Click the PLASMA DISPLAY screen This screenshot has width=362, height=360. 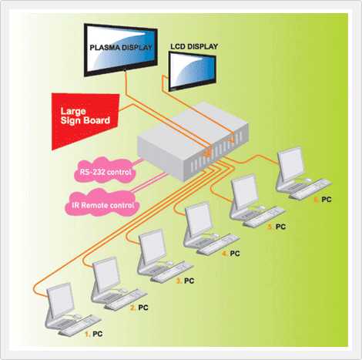[121, 50]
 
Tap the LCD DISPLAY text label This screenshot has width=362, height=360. [194, 46]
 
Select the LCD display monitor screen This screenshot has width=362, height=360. [192, 71]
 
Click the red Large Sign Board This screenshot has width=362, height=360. [85, 121]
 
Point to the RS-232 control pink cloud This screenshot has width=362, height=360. [106, 171]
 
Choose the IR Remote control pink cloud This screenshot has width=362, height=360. [102, 204]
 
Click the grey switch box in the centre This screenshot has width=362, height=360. [193, 141]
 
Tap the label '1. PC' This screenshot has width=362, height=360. [94, 334]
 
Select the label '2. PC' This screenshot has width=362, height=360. [139, 308]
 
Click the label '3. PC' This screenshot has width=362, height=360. [185, 281]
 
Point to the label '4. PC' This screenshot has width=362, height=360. [231, 254]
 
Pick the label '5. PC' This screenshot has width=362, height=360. [277, 227]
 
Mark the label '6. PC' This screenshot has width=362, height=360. [323, 200]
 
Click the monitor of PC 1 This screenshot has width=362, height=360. [61, 300]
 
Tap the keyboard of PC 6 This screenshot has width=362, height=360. [310, 190]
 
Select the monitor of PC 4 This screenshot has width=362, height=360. [199, 219]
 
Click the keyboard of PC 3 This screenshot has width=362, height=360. [172, 272]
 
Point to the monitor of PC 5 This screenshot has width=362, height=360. [244, 191]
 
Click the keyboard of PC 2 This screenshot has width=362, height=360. [126, 299]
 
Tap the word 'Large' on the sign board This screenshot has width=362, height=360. [73, 112]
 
